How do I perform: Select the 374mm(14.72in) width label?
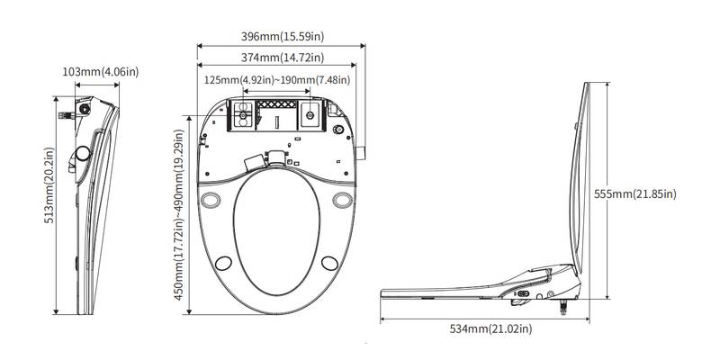pyautogui.click(x=276, y=58)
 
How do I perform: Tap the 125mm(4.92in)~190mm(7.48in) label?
pyautogui.click(x=277, y=80)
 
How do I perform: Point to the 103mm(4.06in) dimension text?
pyautogui.click(x=100, y=71)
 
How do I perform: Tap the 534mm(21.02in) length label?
pyautogui.click(x=490, y=330)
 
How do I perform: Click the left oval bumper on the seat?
pyautogui.click(x=213, y=199)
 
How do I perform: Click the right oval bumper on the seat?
pyautogui.click(x=341, y=199)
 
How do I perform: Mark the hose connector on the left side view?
pyautogui.click(x=65, y=116)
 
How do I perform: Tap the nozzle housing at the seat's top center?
pyautogui.click(x=276, y=157)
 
